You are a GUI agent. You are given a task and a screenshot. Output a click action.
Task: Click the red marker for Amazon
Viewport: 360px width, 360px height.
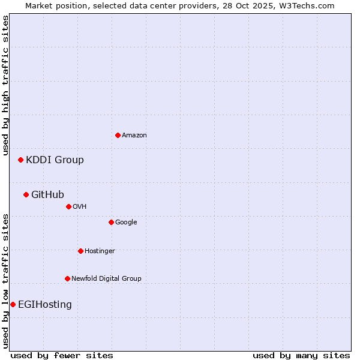118,135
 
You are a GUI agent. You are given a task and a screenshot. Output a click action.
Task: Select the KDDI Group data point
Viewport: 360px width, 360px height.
20,160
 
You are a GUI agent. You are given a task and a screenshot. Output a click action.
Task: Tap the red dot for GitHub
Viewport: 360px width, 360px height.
26,194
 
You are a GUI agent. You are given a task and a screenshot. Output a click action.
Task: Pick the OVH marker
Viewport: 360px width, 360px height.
68,206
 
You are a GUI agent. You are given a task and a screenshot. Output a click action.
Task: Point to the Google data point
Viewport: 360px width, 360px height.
111,222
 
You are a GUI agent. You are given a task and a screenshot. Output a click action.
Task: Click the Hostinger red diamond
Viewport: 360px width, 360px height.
80,251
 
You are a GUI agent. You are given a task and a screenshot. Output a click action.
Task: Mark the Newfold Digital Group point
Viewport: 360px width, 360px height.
67,278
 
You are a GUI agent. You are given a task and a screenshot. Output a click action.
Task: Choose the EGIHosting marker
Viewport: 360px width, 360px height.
13,304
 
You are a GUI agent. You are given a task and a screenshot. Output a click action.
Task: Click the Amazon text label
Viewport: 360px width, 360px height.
134,135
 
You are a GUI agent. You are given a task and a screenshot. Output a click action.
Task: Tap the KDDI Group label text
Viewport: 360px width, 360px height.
55,160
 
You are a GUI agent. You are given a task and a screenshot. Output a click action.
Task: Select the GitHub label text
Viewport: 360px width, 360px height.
47,194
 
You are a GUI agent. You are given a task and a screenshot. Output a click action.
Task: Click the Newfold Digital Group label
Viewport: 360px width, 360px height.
106,278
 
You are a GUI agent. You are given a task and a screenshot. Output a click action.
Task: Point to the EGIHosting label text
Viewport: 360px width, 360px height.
45,304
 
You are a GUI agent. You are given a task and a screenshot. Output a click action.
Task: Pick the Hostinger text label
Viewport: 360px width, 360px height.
100,251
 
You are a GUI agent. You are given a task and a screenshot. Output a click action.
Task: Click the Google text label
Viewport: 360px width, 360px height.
126,222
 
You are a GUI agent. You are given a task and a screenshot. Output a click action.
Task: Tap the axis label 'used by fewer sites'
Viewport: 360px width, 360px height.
62,355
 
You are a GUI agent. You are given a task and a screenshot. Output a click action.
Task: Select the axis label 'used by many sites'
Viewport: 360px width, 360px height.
301,355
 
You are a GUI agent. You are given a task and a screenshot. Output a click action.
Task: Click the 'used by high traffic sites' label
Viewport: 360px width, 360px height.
5,85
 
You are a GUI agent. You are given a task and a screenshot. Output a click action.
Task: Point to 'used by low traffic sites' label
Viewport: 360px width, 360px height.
5,281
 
